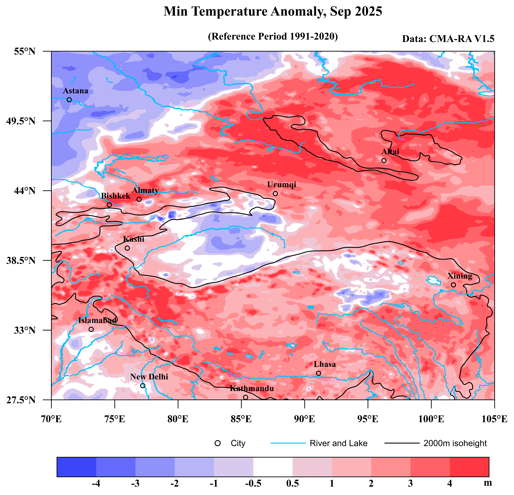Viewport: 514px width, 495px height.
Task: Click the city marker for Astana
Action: [x=69, y=100]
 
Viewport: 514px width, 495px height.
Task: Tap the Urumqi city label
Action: [x=282, y=185]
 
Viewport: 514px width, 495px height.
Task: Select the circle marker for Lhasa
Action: [x=319, y=373]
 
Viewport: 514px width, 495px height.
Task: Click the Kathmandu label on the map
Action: [x=252, y=388]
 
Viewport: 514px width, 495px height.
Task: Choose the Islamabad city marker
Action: [x=91, y=329]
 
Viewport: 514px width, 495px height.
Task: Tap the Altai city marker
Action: [x=384, y=160]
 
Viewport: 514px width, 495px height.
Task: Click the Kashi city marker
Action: [x=127, y=248]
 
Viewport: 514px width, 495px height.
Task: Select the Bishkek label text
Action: [x=116, y=196]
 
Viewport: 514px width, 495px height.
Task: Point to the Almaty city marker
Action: [x=139, y=199]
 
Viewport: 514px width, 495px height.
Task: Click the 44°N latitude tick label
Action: [x=25, y=191]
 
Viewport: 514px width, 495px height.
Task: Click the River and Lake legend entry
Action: [x=338, y=443]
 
